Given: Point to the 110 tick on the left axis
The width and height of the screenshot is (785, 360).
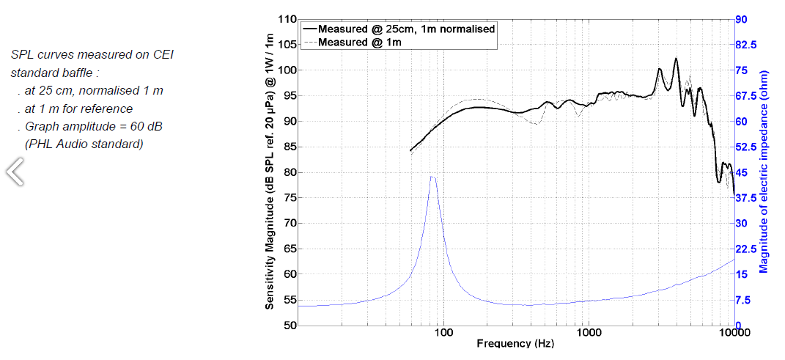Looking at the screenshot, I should [287, 19].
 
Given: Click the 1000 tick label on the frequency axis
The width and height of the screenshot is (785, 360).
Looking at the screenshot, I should [589, 333].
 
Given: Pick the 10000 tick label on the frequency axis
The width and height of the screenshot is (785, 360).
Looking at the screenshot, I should [734, 333].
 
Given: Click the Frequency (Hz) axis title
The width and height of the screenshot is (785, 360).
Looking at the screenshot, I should [515, 343].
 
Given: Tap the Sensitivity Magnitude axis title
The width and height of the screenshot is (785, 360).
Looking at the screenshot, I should [270, 172].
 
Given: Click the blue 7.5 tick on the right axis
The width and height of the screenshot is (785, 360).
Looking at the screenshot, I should [744, 300].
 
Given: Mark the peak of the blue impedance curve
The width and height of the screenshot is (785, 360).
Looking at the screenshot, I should [432, 176].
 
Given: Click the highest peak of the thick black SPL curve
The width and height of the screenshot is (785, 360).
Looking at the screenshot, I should [676, 59].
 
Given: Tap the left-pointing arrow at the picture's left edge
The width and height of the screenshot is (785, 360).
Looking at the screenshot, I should [15, 172].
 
